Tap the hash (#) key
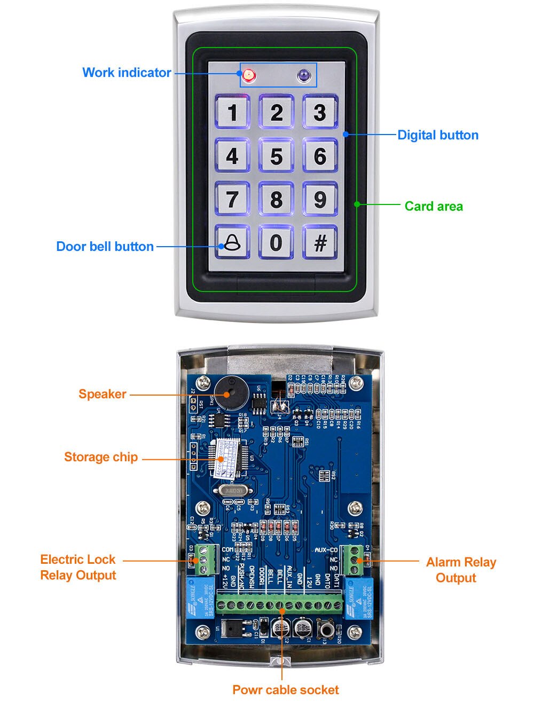pyautogui.click(x=320, y=242)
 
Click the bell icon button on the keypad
pyautogui.click(x=232, y=242)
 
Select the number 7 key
pyautogui.click(x=232, y=199)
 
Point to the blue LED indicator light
pyautogui.click(x=304, y=76)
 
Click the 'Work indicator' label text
pyautogui.click(x=127, y=73)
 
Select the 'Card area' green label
pyautogui.click(x=434, y=206)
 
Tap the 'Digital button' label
pyautogui.click(x=438, y=135)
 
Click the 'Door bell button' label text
pyautogui.click(x=105, y=247)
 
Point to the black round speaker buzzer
pyautogui.click(x=228, y=392)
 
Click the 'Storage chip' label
pyautogui.click(x=101, y=457)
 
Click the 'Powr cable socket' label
pyautogui.click(x=285, y=689)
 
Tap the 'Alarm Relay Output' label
pyautogui.click(x=460, y=570)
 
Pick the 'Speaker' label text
pyautogui.click(x=103, y=394)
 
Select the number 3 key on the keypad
pyautogui.click(x=320, y=113)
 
